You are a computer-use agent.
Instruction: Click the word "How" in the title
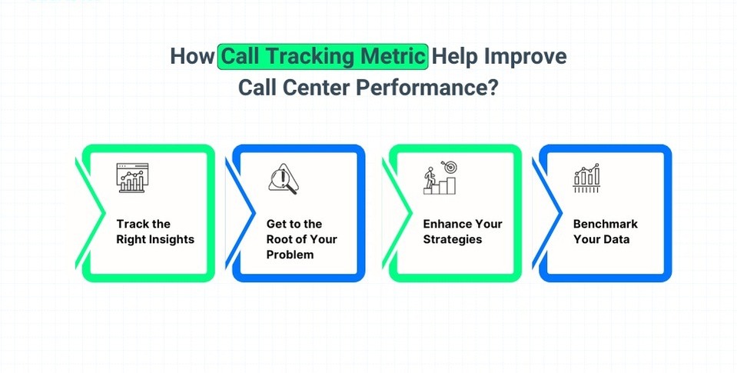193,56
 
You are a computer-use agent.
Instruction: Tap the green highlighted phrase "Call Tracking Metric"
323,56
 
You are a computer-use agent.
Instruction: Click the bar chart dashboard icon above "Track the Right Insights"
132,178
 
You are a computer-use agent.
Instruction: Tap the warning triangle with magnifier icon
284,178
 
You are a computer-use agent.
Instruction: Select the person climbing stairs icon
440,178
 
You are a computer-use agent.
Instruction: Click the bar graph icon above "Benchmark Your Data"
586,178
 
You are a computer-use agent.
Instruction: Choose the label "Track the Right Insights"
155,231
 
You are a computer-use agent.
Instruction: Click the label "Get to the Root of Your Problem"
302,239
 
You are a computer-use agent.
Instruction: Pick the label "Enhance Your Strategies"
463,231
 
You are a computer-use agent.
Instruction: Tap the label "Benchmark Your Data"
606,231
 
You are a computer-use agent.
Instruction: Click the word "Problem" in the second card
290,255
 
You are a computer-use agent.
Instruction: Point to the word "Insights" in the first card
171,239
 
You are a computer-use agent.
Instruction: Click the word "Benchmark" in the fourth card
606,224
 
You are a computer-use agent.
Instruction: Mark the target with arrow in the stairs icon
449,167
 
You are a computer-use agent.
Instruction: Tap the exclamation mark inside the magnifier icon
283,177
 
